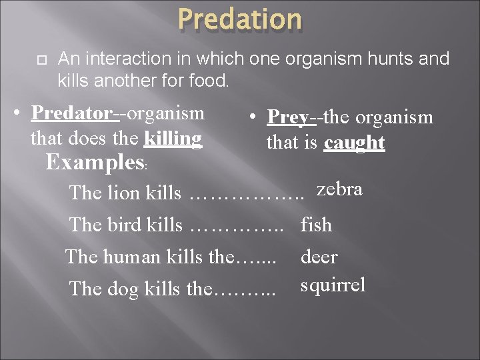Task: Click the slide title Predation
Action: pos(240,19)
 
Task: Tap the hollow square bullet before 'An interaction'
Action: pos(42,60)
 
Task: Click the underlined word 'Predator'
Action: pos(72,113)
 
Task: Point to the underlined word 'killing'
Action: pos(173,139)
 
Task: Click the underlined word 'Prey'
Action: pos(288,117)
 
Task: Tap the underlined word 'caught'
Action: pos(354,143)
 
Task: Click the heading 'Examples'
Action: pos(95,163)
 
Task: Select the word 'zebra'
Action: pos(339,189)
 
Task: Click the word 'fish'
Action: pos(316,225)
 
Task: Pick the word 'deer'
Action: pos(319,257)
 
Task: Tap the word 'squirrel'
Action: pos(333,285)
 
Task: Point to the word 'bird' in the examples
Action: pos(124,225)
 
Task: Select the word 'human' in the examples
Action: pos(131,257)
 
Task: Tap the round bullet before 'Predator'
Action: pos(17,113)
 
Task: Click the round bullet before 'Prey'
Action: pos(253,117)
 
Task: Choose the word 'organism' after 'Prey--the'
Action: pos(394,118)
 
